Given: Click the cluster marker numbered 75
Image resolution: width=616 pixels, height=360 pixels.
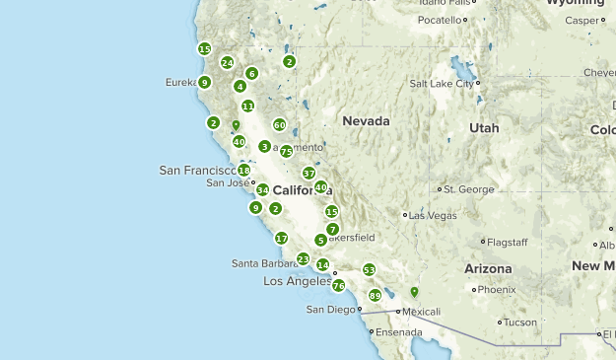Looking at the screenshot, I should point(286,151).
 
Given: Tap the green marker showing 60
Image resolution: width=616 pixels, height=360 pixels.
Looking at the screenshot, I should point(280,125).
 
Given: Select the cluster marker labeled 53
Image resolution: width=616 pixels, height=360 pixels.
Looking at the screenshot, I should point(369,269).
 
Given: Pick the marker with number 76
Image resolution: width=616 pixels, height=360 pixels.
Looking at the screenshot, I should point(338,285).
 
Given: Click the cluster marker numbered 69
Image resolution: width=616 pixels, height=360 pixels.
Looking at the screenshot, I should point(375,295).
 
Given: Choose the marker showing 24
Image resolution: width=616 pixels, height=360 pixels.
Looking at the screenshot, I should point(227,63).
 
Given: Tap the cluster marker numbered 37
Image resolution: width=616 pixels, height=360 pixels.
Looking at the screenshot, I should point(308,173).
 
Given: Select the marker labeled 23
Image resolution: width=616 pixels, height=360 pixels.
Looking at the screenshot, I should point(303,258).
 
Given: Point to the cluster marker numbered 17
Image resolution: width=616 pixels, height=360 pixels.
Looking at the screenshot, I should point(281,238).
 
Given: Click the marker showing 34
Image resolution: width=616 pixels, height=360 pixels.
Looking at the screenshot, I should point(262,189).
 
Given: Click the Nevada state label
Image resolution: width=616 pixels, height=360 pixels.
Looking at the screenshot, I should point(366,120).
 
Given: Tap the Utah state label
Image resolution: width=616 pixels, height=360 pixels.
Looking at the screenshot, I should point(484,128).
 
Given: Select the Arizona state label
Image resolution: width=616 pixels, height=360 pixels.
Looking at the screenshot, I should point(488,268).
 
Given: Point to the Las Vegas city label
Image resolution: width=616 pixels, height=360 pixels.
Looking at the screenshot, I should point(432,215).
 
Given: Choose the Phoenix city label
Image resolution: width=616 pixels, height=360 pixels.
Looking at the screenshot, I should point(497,290).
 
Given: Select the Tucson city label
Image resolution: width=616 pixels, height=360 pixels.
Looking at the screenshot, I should point(521,322).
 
